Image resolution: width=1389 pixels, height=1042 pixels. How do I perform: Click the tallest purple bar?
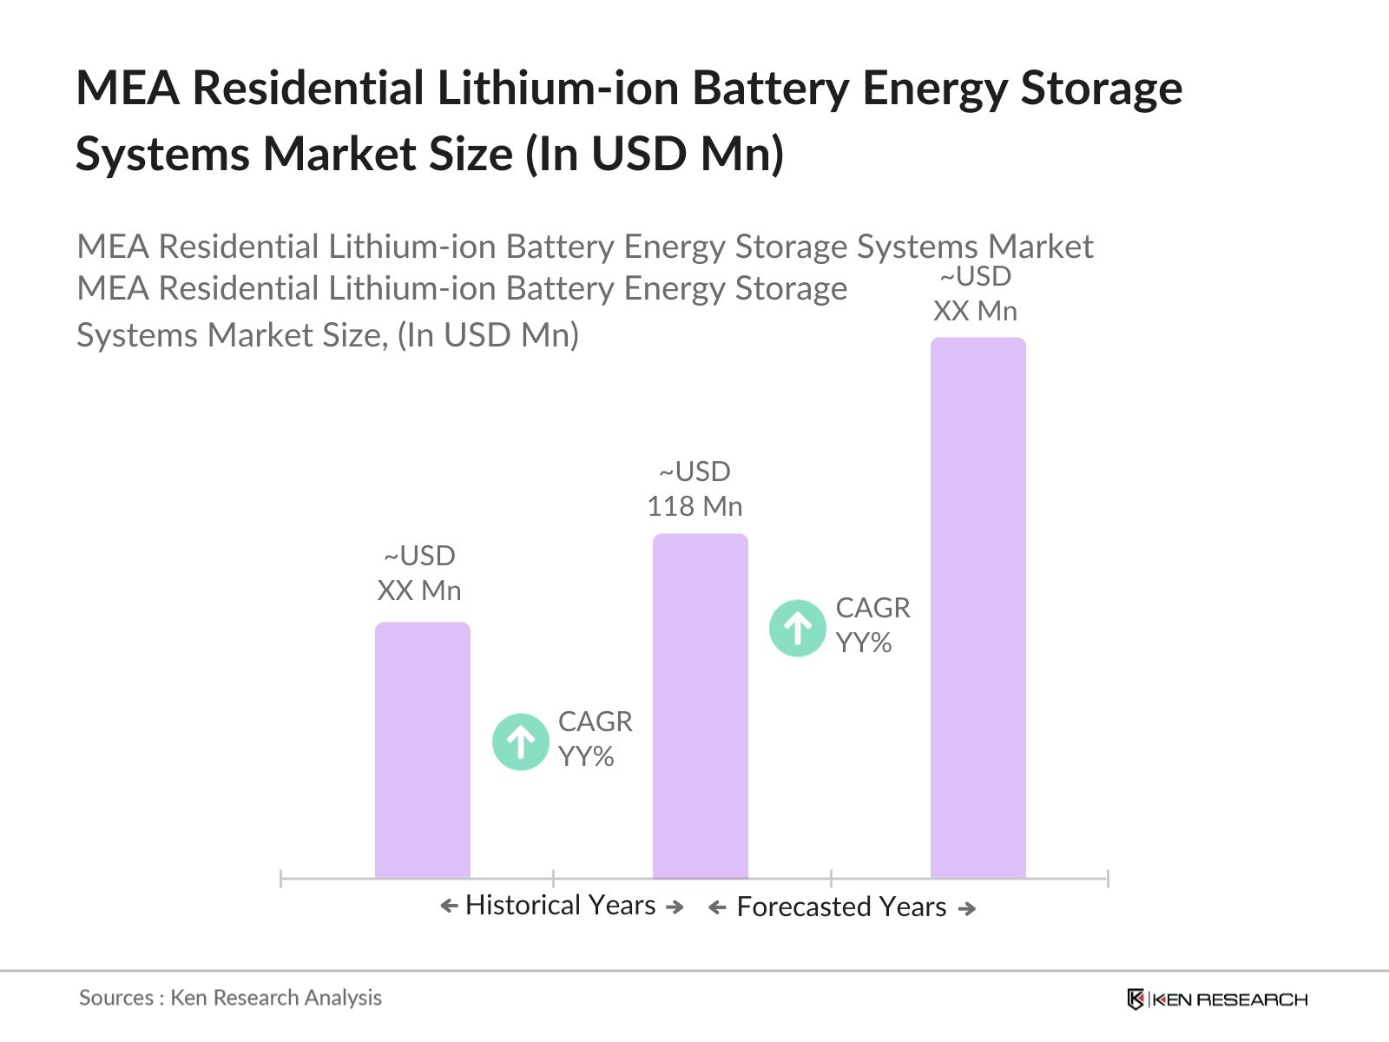(x=978, y=608)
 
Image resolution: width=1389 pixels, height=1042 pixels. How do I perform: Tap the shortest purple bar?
(x=422, y=750)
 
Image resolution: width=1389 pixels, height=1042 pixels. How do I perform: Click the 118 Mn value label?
(x=694, y=506)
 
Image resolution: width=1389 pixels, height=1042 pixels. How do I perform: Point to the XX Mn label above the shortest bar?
(x=419, y=590)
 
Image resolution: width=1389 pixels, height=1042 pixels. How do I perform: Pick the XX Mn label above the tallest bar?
(x=975, y=311)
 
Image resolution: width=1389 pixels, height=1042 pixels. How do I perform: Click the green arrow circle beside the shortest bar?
(x=520, y=742)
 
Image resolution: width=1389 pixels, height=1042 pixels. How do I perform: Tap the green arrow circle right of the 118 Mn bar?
(x=797, y=628)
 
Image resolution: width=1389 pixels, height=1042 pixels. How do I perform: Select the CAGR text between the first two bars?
(x=595, y=722)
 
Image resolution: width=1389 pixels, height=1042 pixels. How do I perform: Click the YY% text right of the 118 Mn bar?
(x=864, y=643)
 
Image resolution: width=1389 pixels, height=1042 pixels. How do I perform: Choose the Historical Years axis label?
(x=560, y=905)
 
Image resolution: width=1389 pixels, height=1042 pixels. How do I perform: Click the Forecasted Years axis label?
(x=840, y=907)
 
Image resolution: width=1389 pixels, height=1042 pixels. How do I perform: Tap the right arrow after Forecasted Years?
(x=967, y=908)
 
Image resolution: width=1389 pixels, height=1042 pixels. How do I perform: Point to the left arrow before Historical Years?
(x=449, y=907)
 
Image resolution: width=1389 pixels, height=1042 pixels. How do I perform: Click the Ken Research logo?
(x=1217, y=999)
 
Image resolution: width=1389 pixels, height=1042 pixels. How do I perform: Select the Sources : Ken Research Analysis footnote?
(x=230, y=998)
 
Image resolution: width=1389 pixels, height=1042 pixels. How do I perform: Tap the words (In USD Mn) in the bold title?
(x=655, y=155)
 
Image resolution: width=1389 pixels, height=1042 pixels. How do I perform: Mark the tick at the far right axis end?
(x=1108, y=879)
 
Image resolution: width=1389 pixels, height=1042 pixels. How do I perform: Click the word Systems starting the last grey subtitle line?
(x=137, y=335)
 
